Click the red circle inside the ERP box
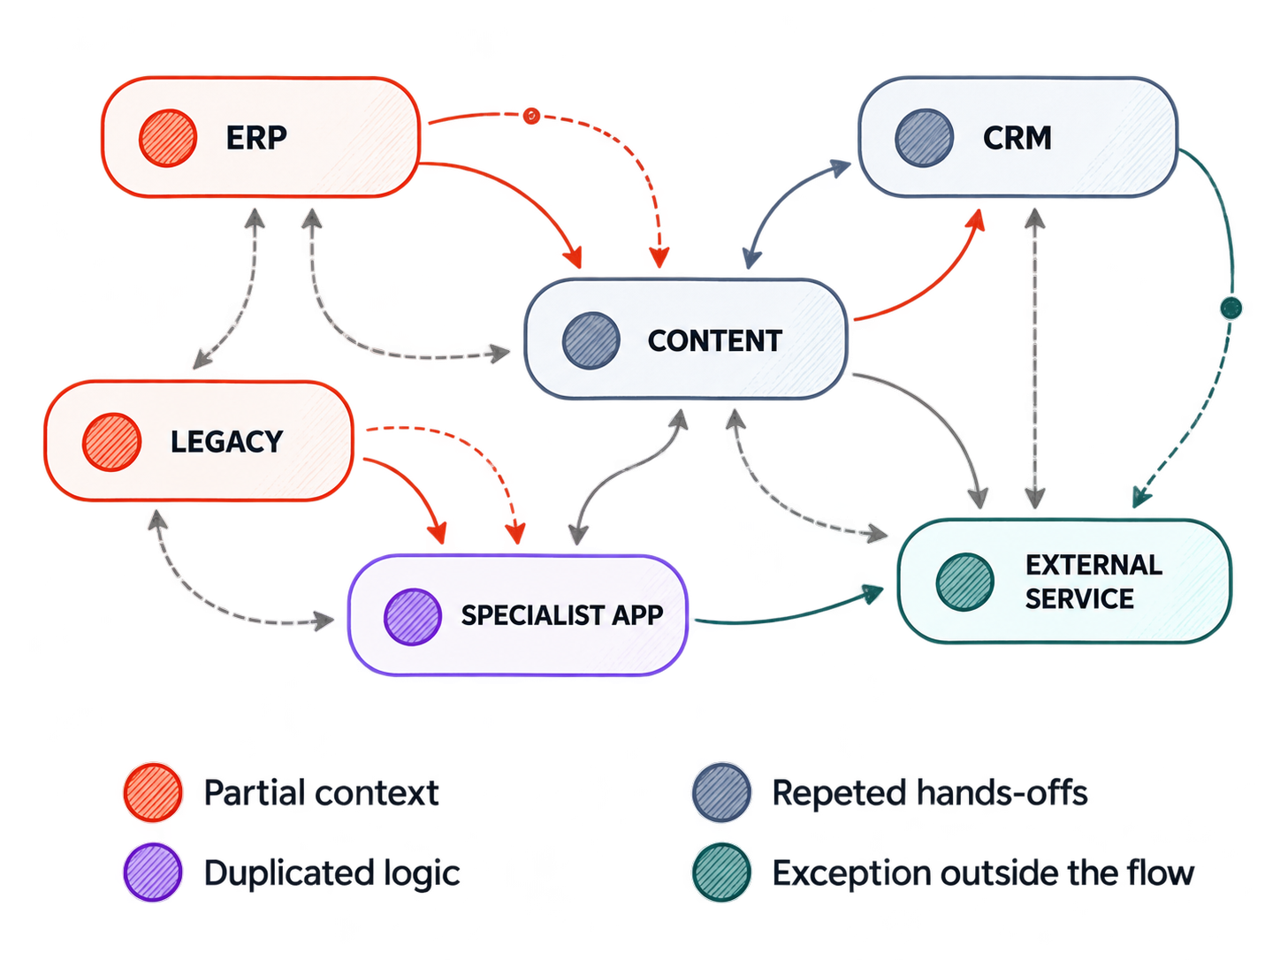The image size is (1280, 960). coord(167,138)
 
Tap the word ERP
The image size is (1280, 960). coord(256,138)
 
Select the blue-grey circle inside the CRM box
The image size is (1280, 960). coord(924,138)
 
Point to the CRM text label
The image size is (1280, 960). coord(1017,138)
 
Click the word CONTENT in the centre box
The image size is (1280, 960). coord(715,341)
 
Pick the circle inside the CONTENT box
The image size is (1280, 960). coord(590,340)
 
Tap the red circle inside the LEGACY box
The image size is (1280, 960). coord(111,442)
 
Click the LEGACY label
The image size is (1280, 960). coord(227,442)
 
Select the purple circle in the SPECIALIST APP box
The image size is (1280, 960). coord(412,617)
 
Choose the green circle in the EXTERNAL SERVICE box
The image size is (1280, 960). coord(964,582)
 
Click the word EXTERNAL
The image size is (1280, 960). coord(1094,565)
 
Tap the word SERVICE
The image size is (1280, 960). coord(1079,598)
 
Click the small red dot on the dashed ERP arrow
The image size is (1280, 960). coord(530,116)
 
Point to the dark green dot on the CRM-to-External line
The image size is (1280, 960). coord(1231,308)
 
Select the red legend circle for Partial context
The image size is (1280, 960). coord(153,792)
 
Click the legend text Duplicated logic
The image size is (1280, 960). coord(331,873)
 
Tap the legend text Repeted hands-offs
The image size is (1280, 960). coord(930,793)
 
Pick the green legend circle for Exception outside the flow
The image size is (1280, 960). coord(721,872)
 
